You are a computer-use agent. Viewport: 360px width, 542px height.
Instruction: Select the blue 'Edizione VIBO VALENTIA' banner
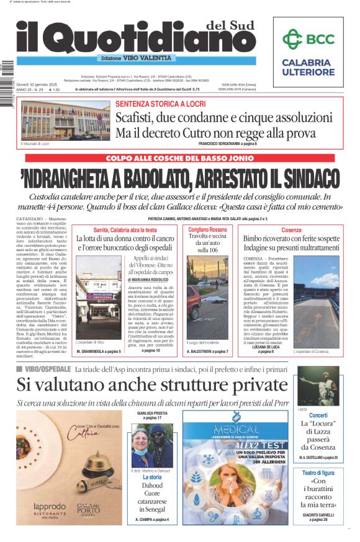tap(137, 58)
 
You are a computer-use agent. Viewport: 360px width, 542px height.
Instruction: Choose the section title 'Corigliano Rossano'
tap(208, 229)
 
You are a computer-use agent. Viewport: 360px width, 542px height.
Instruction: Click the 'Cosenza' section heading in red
tap(291, 229)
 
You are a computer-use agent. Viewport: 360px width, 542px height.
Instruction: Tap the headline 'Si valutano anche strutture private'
tap(151, 385)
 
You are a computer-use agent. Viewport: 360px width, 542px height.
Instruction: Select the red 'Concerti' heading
tap(318, 415)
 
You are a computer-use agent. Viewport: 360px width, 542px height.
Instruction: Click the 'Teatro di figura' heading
tap(318, 473)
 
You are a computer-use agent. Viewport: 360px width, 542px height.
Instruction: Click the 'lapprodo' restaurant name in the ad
tap(50, 506)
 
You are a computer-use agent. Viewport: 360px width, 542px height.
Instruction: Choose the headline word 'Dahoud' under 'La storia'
tap(152, 486)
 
